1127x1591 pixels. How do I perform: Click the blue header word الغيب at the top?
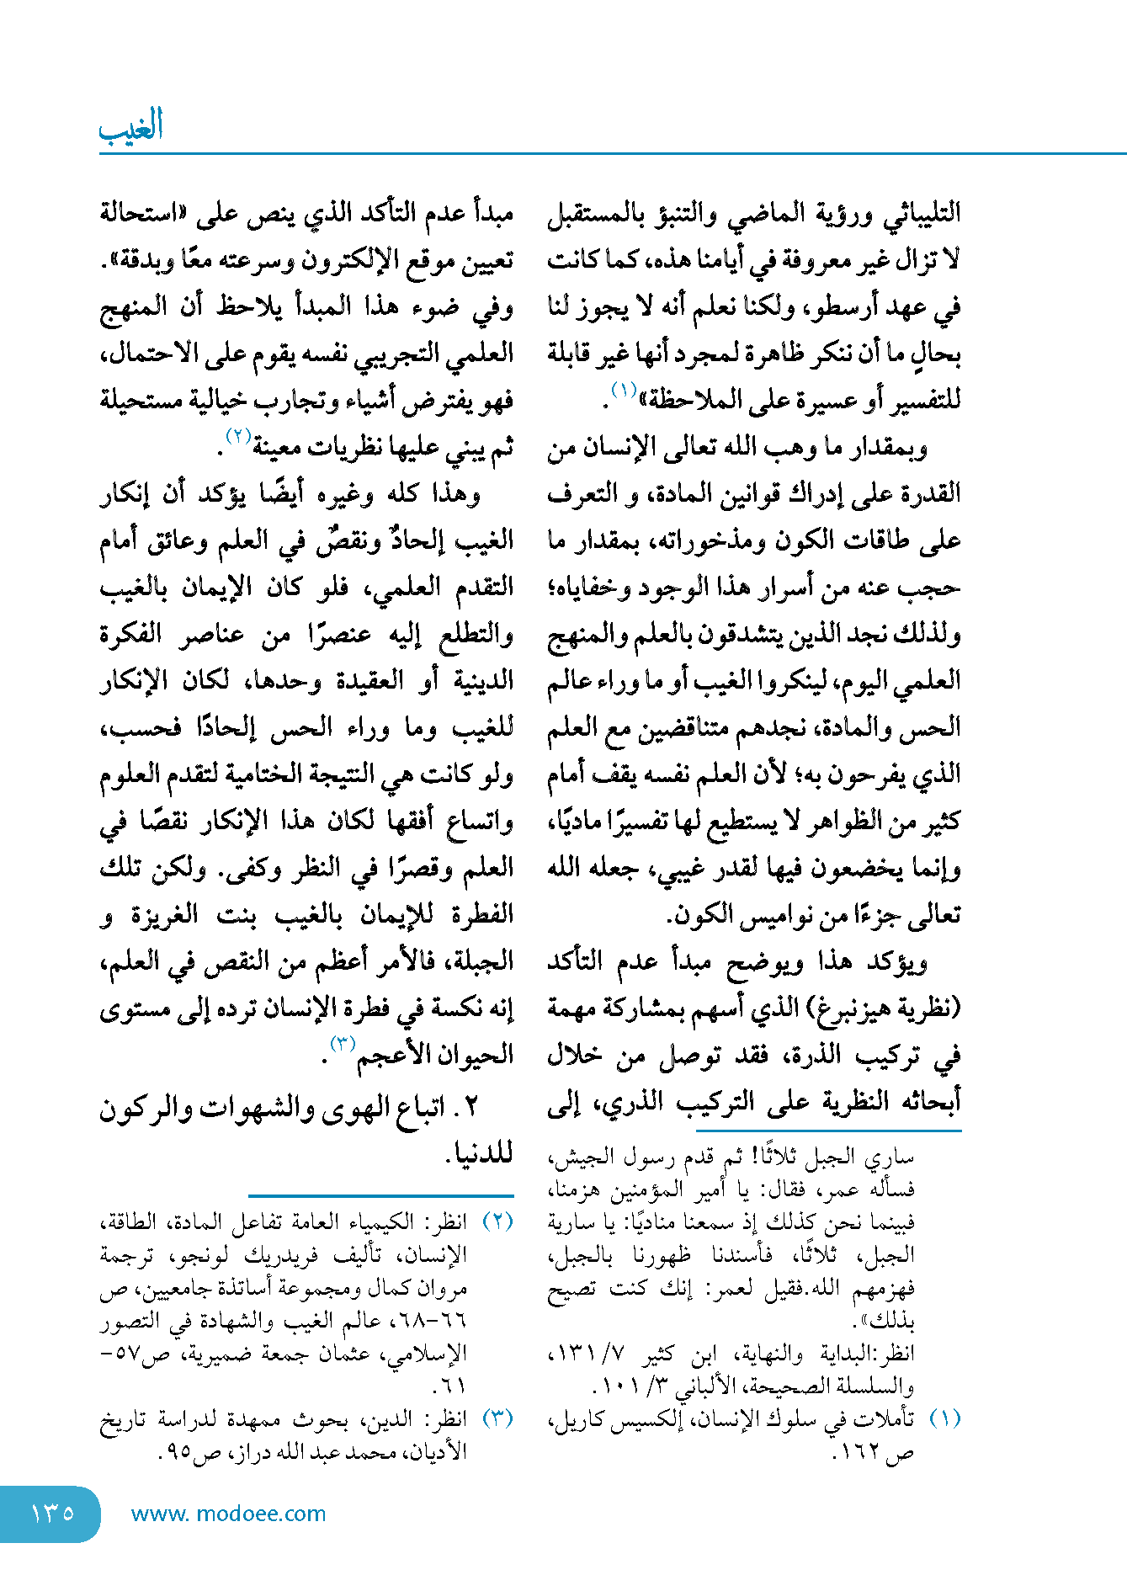point(131,127)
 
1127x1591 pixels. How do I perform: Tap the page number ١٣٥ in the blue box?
point(52,1514)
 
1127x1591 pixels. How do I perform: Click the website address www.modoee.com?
point(228,1514)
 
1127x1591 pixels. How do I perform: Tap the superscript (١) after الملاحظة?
point(624,390)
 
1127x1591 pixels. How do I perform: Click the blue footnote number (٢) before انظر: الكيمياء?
point(497,1221)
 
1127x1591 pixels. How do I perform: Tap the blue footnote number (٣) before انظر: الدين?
point(497,1418)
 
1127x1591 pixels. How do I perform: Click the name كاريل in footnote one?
point(576,1419)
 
